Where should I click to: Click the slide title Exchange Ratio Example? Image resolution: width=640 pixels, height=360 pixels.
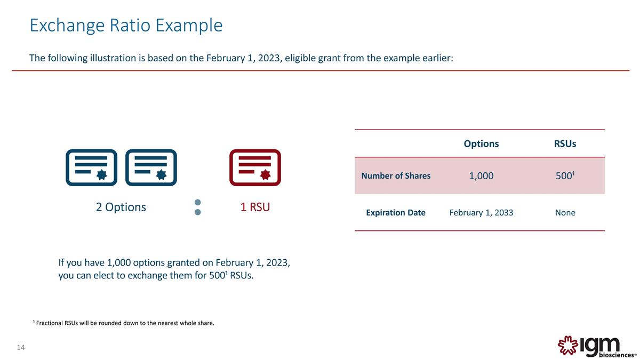126,26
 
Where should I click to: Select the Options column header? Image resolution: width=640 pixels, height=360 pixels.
481,143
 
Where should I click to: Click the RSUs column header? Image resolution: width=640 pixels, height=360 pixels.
565,143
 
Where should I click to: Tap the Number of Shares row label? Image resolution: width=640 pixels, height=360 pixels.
396,175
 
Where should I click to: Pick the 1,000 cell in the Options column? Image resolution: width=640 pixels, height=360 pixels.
481,175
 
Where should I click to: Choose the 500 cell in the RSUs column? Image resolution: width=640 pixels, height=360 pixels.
565,175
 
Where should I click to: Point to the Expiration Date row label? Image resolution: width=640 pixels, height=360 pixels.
396,213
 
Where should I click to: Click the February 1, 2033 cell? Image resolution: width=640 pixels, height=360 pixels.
481,213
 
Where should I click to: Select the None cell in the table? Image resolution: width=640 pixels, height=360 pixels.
565,213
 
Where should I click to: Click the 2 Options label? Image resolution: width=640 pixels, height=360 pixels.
121,207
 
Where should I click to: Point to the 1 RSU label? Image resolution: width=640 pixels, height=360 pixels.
255,207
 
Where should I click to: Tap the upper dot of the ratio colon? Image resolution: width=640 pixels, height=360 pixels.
197,202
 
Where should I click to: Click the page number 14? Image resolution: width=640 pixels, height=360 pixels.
21,347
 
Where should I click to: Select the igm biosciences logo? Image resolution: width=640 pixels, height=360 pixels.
597,347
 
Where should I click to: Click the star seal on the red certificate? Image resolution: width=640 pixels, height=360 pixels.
266,174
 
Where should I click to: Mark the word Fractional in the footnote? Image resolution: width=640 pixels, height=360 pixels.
49,323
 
